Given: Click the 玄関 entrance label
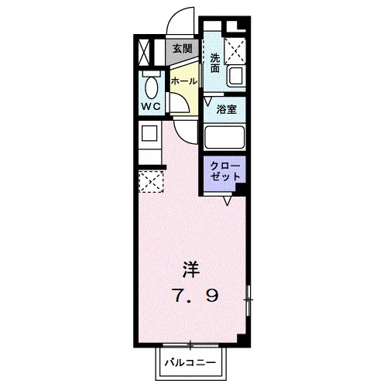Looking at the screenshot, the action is tap(183, 49).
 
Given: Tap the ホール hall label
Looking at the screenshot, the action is tap(184, 81).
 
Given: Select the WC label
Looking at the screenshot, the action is tap(151, 106).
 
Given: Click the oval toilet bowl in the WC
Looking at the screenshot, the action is tap(152, 87).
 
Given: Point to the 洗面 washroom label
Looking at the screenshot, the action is tap(215, 63).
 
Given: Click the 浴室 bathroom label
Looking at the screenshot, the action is tap(227, 109).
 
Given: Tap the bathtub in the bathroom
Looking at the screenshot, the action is tap(224, 137).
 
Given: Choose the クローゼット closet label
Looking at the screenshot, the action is tap(225, 171).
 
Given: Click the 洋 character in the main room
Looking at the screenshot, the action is tap(191, 269).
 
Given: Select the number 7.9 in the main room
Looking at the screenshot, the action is tap(195, 296).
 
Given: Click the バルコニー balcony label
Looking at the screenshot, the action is tap(190, 363).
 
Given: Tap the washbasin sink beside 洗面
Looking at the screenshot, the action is tap(235, 77).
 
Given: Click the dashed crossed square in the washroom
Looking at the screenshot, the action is tap(235, 50).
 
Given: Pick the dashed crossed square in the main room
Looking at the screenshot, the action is tap(151, 181).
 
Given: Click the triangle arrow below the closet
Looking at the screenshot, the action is tap(227, 200).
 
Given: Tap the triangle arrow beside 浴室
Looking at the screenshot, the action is tap(208, 101).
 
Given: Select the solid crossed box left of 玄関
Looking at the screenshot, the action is tap(144, 53).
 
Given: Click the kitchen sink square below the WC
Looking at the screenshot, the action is tap(149, 133).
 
